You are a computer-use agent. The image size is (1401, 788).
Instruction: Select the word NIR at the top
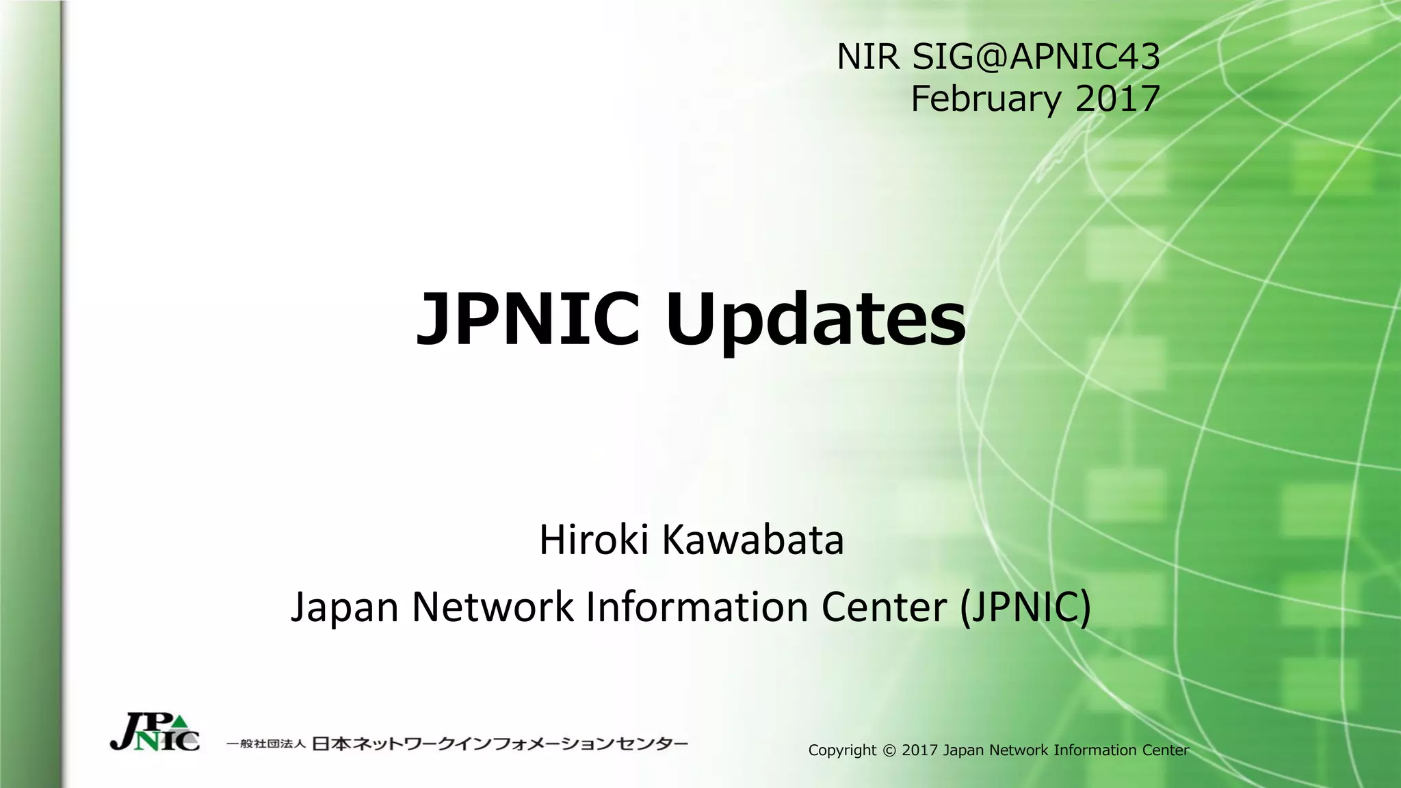(x=868, y=57)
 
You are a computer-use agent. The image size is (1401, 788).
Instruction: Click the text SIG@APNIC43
(x=1036, y=57)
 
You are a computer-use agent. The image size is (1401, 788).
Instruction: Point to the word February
(x=985, y=100)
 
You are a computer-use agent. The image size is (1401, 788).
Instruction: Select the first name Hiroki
(x=594, y=540)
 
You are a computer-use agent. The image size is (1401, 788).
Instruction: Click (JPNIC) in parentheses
(x=1025, y=607)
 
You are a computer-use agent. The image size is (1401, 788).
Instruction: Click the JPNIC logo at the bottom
(x=155, y=733)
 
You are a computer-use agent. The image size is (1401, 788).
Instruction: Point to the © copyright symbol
(x=889, y=750)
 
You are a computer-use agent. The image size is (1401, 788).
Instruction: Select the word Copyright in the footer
(x=842, y=750)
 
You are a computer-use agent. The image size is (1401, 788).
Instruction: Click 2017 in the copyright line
(x=920, y=750)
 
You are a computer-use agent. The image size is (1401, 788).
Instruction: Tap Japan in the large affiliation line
(x=345, y=607)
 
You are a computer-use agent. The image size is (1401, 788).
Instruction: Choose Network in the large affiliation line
(x=493, y=607)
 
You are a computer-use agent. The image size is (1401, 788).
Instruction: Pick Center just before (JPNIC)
(x=884, y=607)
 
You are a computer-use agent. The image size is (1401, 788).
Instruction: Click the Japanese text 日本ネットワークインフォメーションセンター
(x=500, y=744)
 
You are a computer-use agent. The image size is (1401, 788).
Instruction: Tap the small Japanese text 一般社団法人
(x=265, y=744)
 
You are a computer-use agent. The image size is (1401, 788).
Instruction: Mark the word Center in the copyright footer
(x=1165, y=750)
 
